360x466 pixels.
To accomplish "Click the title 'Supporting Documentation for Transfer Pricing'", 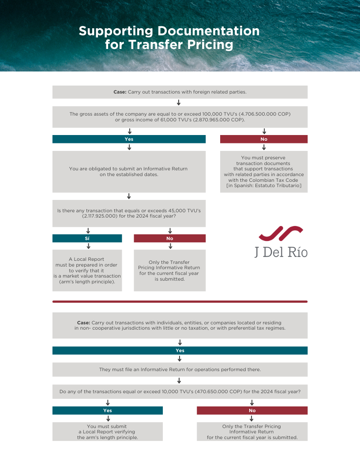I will (169, 38).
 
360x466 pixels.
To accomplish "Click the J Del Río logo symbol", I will (281, 234).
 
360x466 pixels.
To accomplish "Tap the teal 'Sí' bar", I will (87, 238).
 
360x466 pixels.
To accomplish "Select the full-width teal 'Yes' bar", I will (180, 350).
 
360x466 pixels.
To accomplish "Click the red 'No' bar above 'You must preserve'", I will (264, 139).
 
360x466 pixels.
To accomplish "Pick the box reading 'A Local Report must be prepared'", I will (87, 271).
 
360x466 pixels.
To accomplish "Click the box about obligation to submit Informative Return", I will (129, 172).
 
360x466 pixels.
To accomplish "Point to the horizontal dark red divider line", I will (180, 302).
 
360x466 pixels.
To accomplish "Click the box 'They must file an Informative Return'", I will (180, 369).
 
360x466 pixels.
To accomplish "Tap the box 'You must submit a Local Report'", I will (108, 432).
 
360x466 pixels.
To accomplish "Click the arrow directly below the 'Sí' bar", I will (88, 246).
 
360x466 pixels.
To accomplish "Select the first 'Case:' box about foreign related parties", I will (180, 92).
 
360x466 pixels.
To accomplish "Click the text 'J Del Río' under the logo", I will (281, 252).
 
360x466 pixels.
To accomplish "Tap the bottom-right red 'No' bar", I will (252, 410).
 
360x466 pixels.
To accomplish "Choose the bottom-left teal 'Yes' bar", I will (108, 410).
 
